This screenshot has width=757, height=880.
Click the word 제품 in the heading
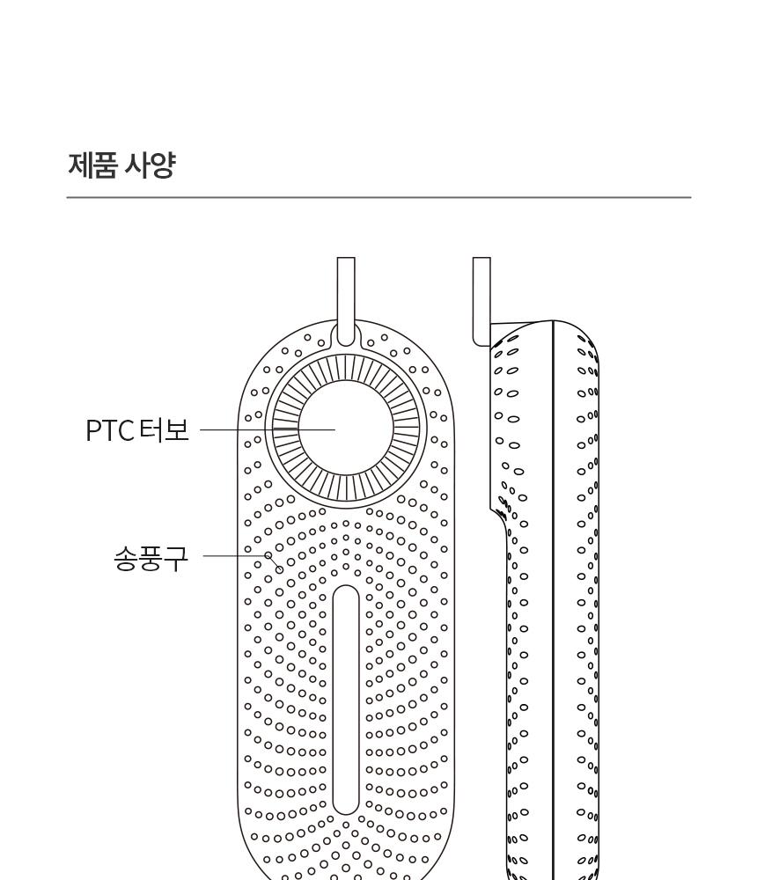coord(92,165)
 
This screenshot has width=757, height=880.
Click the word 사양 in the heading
coord(150,165)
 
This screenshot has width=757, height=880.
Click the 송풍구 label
coord(151,559)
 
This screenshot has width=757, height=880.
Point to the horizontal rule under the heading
coord(378,197)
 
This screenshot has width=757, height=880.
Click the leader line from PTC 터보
coord(268,430)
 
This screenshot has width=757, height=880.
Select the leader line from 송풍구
coord(235,556)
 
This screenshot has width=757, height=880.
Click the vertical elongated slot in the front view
coord(346,700)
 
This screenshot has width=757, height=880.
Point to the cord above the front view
coord(346,292)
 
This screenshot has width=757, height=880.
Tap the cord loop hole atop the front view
coord(346,334)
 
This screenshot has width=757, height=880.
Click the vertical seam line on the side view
coord(553,600)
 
